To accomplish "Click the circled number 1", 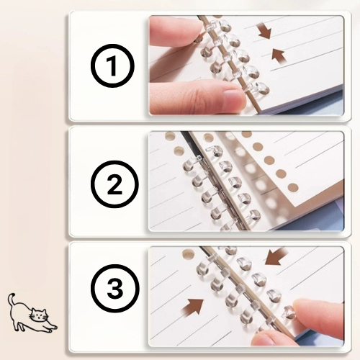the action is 112,66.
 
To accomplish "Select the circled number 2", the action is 115,184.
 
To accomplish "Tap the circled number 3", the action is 115,289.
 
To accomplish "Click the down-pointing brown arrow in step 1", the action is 265,31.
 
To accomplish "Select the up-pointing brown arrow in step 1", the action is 279,57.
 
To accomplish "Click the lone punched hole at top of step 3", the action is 188,254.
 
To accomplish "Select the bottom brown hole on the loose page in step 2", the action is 292,188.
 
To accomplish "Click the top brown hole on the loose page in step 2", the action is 246,134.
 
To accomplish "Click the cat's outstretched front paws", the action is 53,328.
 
